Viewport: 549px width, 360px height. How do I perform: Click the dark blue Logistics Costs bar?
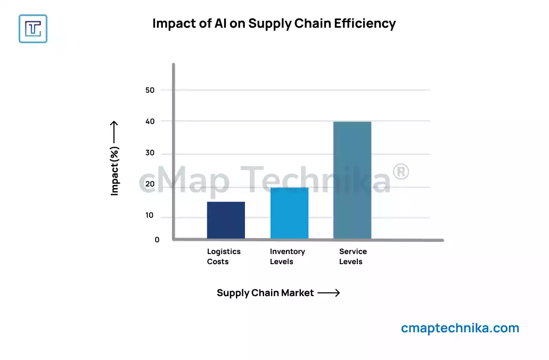(x=226, y=220)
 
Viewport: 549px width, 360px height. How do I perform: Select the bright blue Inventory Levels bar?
(x=289, y=213)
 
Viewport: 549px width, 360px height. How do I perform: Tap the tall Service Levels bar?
(x=352, y=180)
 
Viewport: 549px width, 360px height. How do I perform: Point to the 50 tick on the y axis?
(x=150, y=90)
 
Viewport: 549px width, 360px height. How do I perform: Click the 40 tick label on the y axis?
(x=150, y=121)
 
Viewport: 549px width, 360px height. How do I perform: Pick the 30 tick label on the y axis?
(x=150, y=153)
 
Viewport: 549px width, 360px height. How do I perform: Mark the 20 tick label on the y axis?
(x=150, y=184)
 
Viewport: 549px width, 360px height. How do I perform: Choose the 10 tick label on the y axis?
(x=150, y=216)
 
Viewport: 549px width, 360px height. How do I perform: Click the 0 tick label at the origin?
(x=157, y=240)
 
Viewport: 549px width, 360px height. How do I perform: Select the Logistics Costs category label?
(x=224, y=256)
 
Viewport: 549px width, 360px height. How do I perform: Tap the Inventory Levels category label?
(x=287, y=256)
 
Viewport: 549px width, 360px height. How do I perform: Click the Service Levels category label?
(x=353, y=256)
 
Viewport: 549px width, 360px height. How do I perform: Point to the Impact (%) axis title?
(x=114, y=171)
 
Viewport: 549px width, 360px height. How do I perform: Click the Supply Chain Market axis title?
(x=265, y=293)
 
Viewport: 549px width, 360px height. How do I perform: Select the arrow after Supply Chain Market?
(x=329, y=293)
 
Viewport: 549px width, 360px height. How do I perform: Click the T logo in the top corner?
(x=33, y=28)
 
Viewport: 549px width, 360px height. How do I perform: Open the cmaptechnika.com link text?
(x=460, y=328)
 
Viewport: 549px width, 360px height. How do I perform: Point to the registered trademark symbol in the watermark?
(x=400, y=172)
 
